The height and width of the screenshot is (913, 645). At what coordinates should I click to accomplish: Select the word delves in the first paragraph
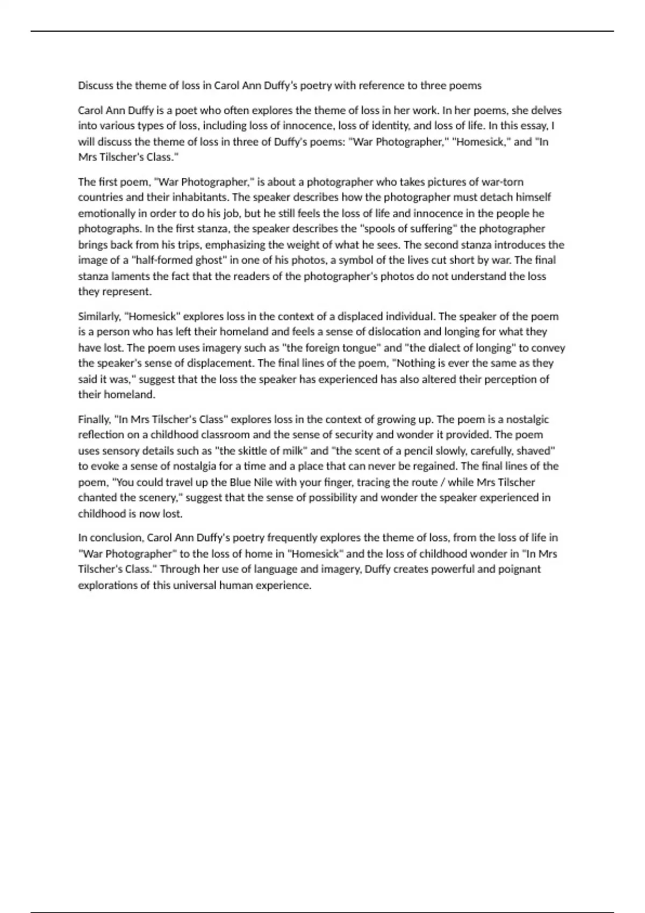(546, 111)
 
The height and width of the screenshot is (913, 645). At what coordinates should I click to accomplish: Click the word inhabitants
(200, 198)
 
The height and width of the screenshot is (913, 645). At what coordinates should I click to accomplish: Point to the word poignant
(519, 569)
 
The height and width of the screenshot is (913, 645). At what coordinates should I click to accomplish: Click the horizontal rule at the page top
(322, 31)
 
